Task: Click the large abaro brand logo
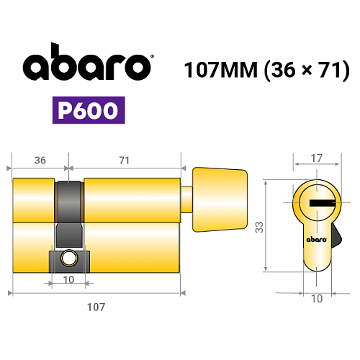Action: point(87,61)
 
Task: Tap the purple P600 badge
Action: point(89,110)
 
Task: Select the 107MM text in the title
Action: point(221,70)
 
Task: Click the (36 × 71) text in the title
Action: point(307,70)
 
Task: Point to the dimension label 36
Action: point(40,161)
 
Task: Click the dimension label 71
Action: point(124,161)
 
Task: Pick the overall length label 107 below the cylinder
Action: point(96,307)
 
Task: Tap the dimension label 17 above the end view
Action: point(317,158)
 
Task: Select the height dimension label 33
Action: point(259,228)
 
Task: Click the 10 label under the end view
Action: point(317,299)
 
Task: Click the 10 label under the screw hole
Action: point(68,280)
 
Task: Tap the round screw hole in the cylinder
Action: point(69,258)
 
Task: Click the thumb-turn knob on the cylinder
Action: point(220,199)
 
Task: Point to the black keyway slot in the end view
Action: point(323,203)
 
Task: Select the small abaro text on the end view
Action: point(317,240)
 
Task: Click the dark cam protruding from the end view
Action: point(336,236)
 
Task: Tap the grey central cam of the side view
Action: point(69,214)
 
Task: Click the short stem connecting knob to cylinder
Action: point(186,199)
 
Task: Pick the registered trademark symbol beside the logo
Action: point(152,57)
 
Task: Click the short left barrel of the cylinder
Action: point(33,200)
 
